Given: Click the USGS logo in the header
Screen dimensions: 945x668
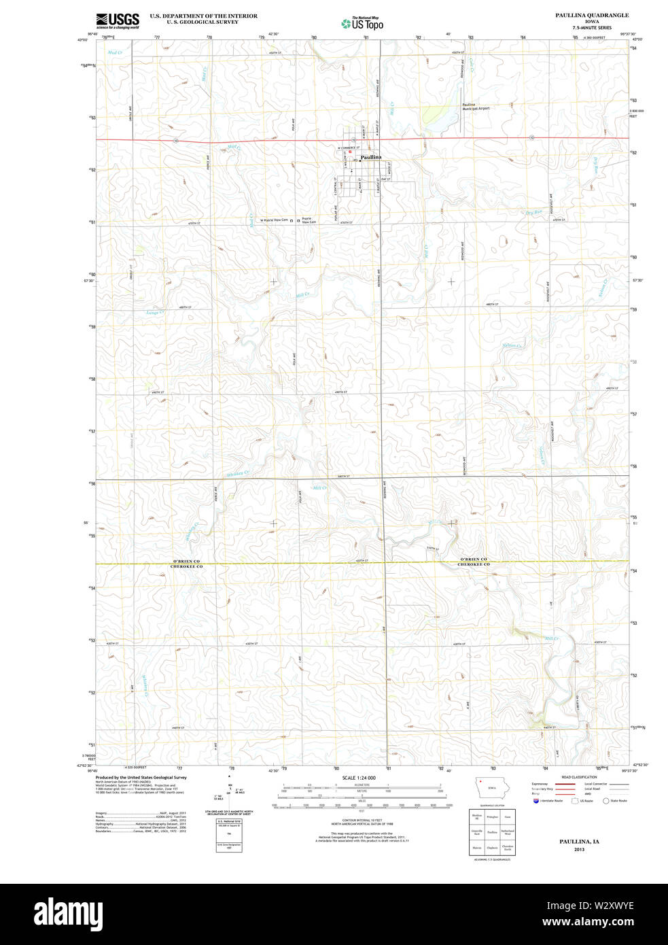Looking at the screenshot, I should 117,20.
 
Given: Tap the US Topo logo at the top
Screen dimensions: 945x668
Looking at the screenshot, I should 363,24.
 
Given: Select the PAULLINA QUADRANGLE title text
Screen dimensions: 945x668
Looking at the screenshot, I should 591,15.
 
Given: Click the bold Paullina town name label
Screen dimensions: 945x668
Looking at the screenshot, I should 371,157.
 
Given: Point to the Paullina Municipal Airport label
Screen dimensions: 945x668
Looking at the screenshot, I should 476,107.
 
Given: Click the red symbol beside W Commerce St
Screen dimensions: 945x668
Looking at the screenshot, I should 350,152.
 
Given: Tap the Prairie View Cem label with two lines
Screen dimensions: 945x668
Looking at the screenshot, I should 309,220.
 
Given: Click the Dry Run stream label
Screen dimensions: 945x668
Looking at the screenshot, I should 533,213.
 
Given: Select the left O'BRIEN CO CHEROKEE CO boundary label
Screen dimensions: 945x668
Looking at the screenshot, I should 186,563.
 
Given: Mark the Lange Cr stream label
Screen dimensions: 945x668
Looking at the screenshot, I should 156,313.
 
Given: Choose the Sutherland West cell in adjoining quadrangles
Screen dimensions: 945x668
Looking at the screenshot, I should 508,831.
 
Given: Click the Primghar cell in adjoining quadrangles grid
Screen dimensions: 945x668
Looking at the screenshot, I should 492,817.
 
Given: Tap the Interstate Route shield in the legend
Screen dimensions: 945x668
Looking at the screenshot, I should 536,801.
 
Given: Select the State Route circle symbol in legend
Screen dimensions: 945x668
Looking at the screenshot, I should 605,801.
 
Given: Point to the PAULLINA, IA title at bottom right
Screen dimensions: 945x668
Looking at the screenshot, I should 579,842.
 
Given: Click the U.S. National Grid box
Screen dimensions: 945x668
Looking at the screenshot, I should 229,834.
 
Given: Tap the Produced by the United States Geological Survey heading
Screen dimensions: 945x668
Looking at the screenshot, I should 141,777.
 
